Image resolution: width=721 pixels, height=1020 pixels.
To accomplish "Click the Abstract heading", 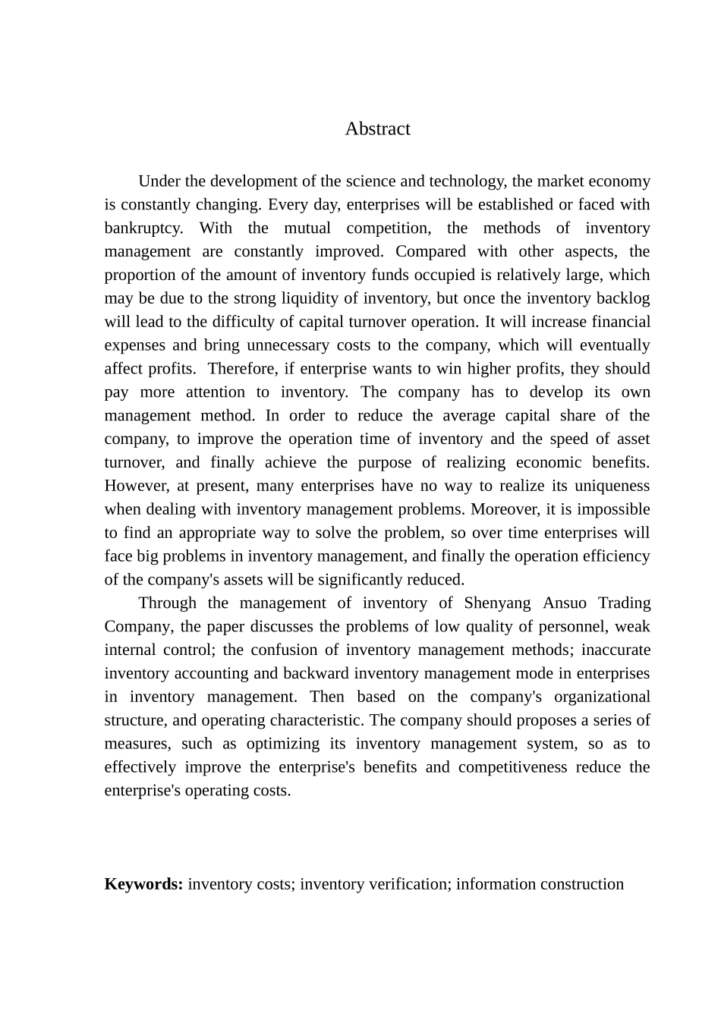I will (x=377, y=129).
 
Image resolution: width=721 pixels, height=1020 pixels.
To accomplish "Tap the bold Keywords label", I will (x=143, y=884).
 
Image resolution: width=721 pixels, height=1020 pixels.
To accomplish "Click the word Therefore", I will (x=241, y=369).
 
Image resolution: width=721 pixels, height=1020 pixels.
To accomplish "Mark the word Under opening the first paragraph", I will (x=159, y=181).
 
